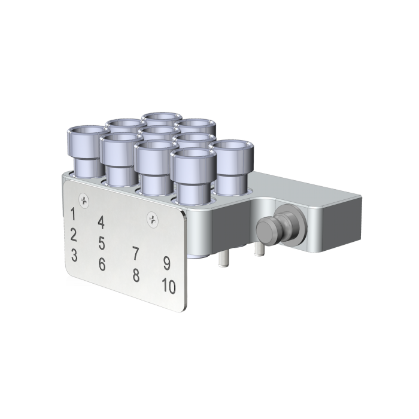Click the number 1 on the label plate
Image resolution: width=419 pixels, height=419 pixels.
tap(73, 214)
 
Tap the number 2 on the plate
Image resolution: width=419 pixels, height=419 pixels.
tap(73, 234)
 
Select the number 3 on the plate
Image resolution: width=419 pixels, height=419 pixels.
tap(74, 255)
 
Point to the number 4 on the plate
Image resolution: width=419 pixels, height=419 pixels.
tap(101, 223)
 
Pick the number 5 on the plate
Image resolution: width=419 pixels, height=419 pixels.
tap(102, 243)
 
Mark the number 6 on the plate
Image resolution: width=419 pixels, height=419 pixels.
tap(102, 263)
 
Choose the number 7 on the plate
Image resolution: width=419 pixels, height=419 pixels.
tap(136, 253)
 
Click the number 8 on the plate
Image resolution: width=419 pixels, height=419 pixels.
tap(136, 275)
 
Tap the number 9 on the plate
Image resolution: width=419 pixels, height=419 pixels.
tap(167, 263)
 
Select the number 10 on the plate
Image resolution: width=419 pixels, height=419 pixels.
tap(168, 287)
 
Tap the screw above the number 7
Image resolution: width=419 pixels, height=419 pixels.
tap(152, 218)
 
